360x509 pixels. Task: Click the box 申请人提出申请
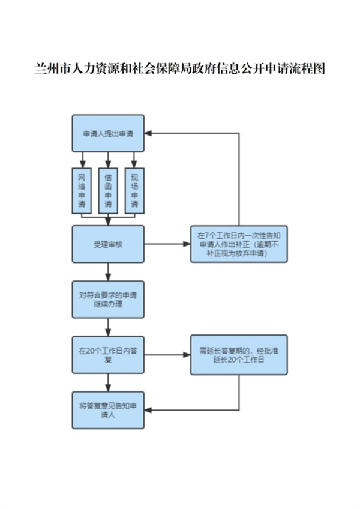click(108, 133)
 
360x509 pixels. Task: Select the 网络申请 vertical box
click(82, 191)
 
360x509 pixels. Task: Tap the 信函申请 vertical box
click(108, 191)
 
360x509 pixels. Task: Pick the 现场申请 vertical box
click(134, 191)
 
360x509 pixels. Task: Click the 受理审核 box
click(108, 244)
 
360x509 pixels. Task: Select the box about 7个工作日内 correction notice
click(239, 244)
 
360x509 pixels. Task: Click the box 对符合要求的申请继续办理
click(108, 300)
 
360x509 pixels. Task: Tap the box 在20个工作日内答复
click(108, 355)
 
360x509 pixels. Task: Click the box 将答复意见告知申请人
click(108, 410)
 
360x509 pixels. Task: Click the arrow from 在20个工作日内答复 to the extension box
click(167, 355)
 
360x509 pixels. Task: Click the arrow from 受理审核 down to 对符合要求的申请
click(108, 271)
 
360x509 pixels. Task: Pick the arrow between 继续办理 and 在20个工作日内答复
click(108, 327)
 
